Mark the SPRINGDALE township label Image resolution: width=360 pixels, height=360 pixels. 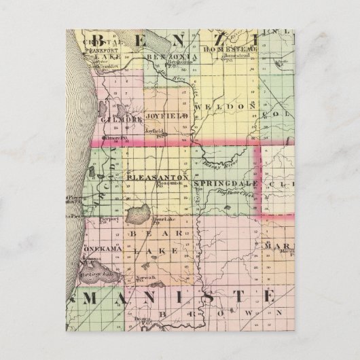(226, 184)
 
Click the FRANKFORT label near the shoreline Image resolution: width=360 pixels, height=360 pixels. (107, 50)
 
